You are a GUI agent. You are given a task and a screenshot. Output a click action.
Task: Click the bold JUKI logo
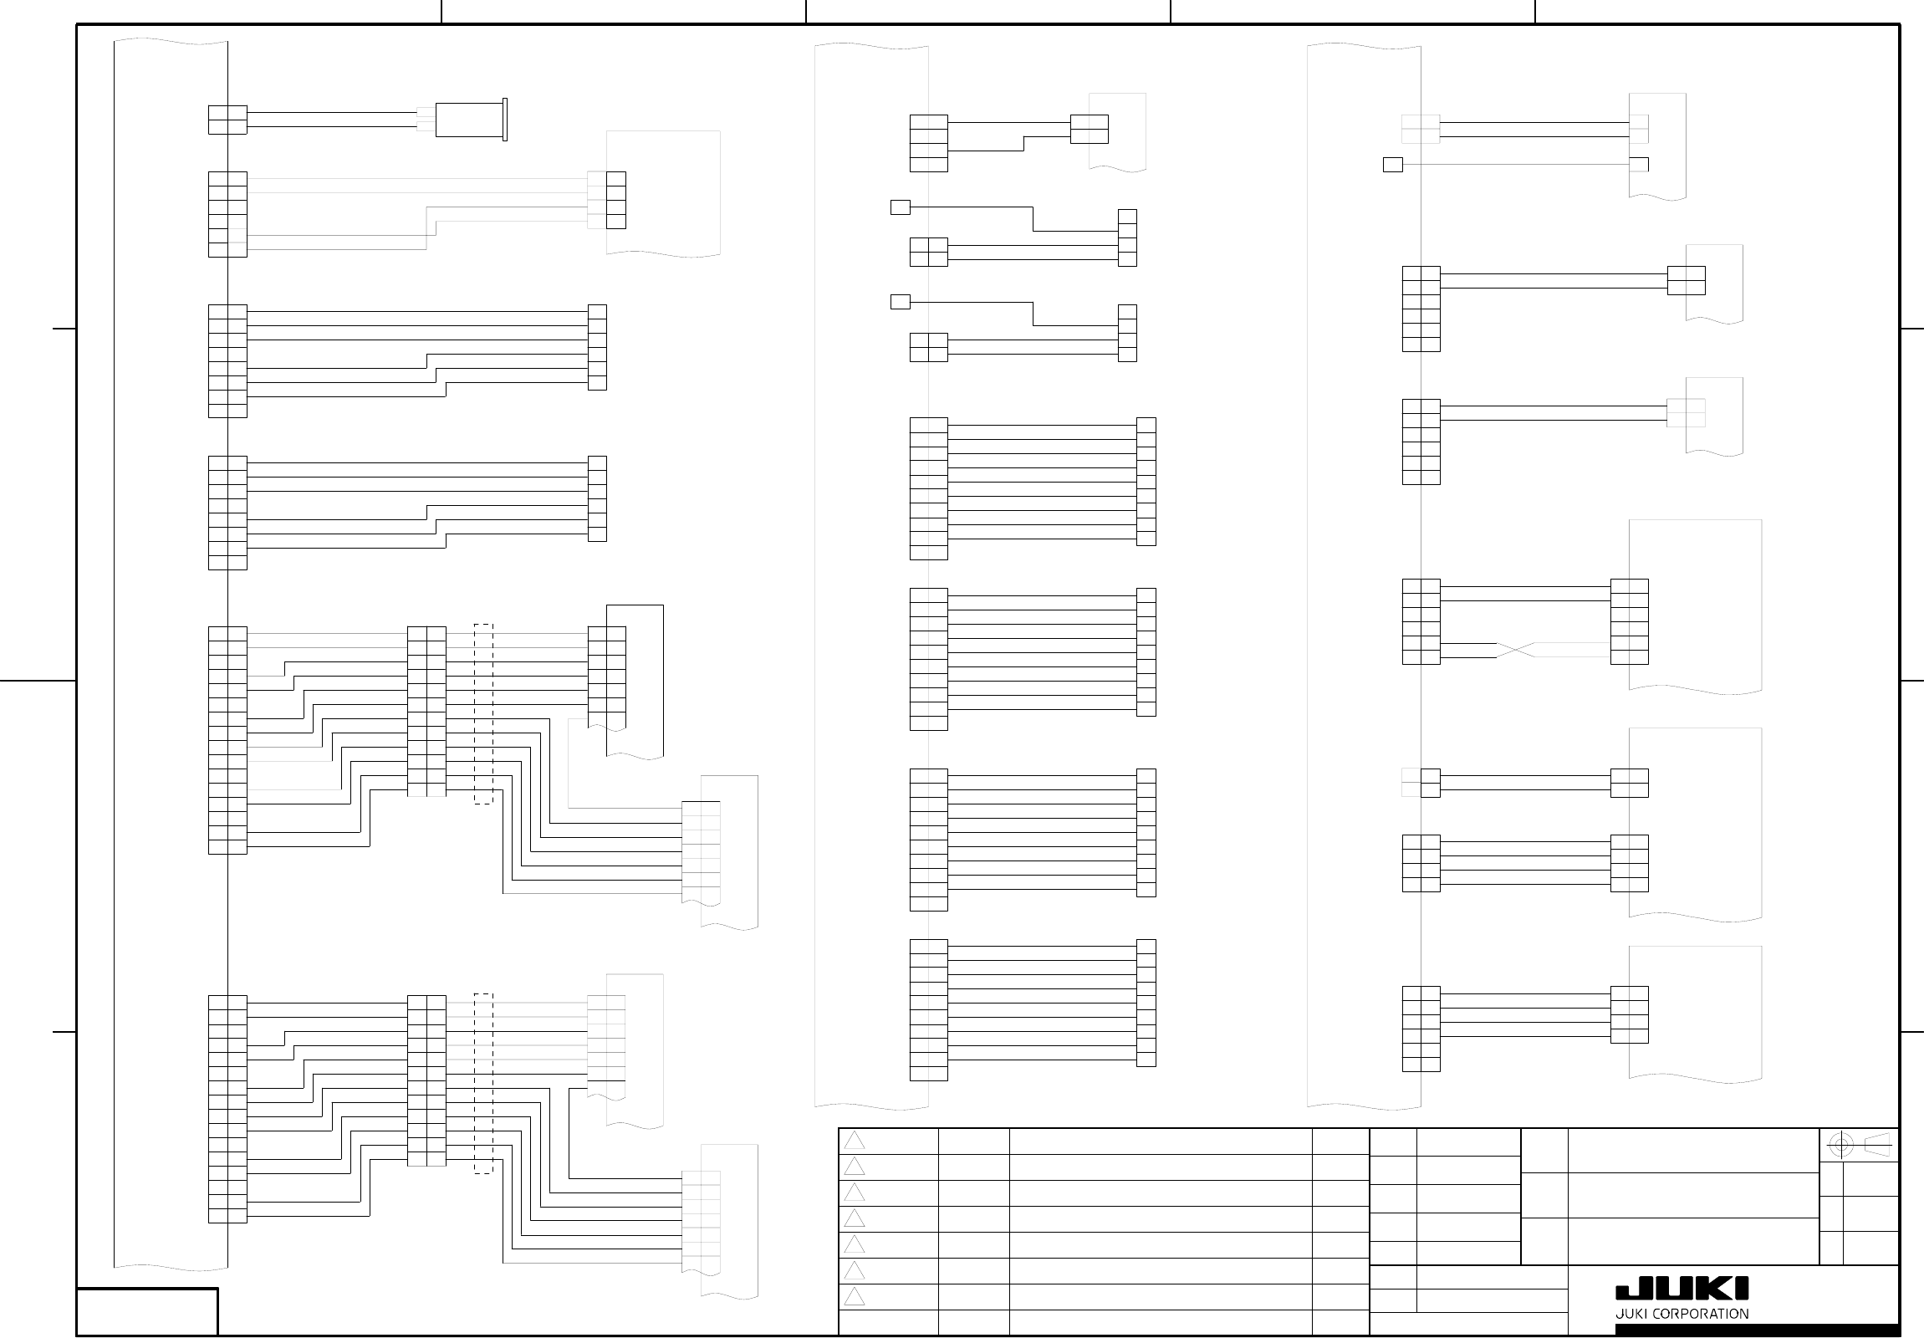point(1682,1289)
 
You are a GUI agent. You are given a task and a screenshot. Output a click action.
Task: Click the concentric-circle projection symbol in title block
point(1840,1145)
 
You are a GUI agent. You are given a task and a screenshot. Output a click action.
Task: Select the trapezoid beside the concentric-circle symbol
point(1877,1145)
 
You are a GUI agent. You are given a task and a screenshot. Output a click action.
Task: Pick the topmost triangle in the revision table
point(854,1141)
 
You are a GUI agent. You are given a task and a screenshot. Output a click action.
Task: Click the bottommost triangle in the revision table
point(854,1297)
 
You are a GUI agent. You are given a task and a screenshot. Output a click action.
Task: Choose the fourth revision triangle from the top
point(854,1218)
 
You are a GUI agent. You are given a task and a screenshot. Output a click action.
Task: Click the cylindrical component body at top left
point(468,120)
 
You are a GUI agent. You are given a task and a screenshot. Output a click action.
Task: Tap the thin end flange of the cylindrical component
point(504,120)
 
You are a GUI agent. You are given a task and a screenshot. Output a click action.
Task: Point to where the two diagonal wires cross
point(1515,650)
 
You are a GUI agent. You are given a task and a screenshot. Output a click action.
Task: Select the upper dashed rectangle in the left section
point(483,714)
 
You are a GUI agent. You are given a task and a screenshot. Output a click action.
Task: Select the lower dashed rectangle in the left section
point(483,1083)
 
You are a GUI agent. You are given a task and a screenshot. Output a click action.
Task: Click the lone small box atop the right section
point(1393,165)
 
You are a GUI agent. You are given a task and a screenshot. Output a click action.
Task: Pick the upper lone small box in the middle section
point(900,207)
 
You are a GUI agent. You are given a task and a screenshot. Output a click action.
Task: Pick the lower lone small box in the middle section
point(900,302)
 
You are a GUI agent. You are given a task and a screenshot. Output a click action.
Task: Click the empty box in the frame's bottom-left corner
point(147,1311)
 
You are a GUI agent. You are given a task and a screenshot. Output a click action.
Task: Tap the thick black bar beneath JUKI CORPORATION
point(1757,1330)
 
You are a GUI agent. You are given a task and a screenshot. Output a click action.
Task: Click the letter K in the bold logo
point(1717,1289)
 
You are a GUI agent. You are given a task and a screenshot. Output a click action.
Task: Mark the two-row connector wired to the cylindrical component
point(227,120)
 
